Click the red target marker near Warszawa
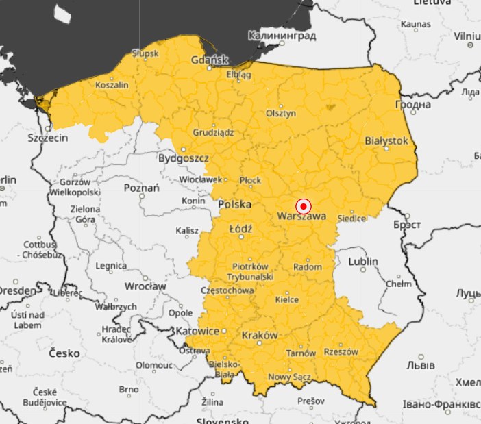(x=304, y=206)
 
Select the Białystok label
(x=386, y=140)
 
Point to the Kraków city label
(x=260, y=336)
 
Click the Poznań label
(x=142, y=188)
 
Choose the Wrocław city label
(x=145, y=286)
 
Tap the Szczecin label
(x=48, y=138)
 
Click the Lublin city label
(x=363, y=262)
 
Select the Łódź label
(x=241, y=227)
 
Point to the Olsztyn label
(x=281, y=114)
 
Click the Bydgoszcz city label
(x=183, y=158)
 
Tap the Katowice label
(x=201, y=332)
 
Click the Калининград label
(x=282, y=35)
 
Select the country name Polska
(x=234, y=205)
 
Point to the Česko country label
(x=64, y=353)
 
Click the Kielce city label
(x=286, y=299)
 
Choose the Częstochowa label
(x=226, y=290)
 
